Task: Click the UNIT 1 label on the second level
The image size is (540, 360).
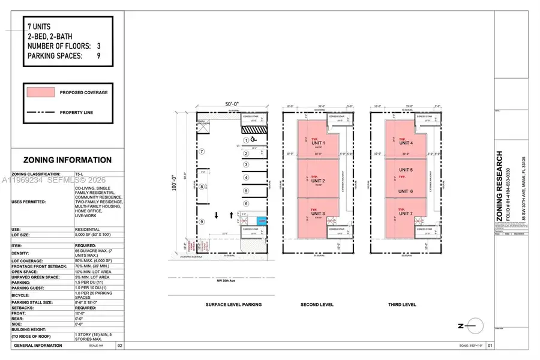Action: point(318,142)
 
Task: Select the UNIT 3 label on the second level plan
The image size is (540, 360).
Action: point(318,214)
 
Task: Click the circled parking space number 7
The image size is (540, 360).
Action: point(202,151)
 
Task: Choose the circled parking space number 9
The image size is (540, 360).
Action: point(202,221)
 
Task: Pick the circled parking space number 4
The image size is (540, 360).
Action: point(245,176)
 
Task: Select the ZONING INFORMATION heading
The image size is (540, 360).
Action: point(67,160)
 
